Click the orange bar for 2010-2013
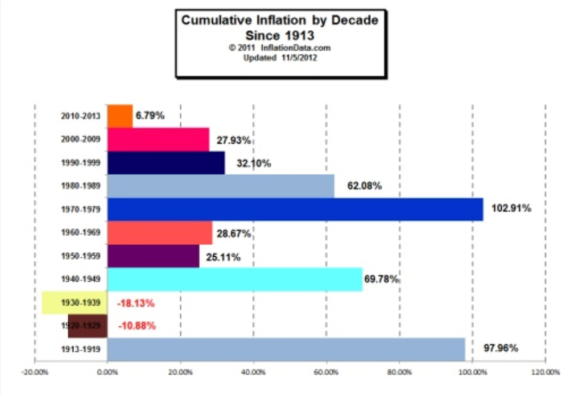pos(120,116)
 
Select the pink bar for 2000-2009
pos(158,139)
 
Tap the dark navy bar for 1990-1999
pos(166,163)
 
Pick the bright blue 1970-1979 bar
pos(295,209)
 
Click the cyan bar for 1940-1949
pos(234,279)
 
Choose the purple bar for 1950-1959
pos(153,256)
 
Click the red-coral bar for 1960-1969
pos(159,233)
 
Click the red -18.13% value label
pos(135,303)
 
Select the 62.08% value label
pos(363,186)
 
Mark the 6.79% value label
pos(150,116)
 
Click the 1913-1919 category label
pos(80,349)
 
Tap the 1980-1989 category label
pos(80,186)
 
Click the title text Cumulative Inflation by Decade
pos(279,22)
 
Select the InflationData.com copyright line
pos(279,48)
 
